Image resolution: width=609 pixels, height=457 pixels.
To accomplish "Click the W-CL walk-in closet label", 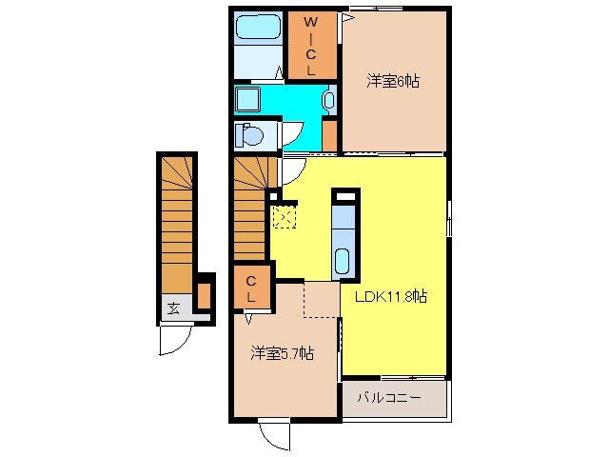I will tap(311, 46).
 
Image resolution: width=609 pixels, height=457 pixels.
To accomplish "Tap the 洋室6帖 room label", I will tap(393, 82).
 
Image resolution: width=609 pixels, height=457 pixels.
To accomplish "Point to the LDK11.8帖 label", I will tap(390, 296).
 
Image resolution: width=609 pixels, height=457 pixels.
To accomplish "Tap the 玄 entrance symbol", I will tap(174, 308).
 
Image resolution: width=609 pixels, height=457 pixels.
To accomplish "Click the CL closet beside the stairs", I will tap(251, 289).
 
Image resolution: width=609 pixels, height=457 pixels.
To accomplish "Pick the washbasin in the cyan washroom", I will tap(328, 98).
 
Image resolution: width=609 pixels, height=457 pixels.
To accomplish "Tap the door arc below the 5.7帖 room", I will tap(274, 436).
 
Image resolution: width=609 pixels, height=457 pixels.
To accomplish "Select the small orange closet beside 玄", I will tap(203, 295).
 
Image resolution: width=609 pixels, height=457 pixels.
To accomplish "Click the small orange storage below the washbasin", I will tap(329, 134).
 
